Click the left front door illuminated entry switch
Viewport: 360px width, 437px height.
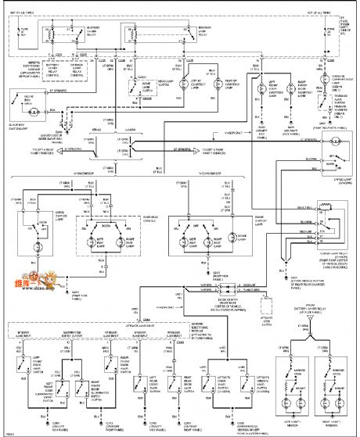(52, 383)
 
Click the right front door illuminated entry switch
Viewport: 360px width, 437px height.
(80, 383)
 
